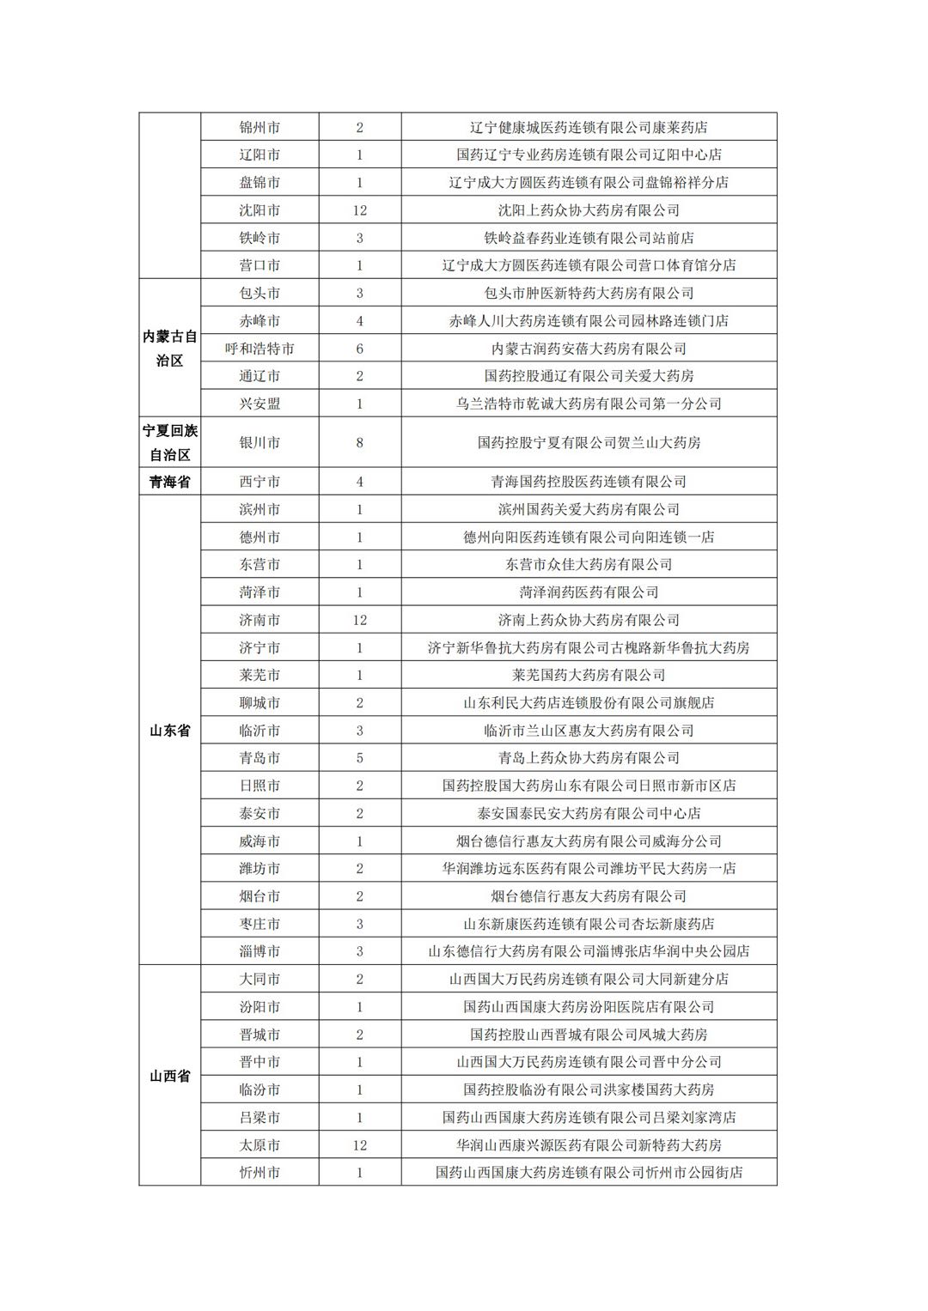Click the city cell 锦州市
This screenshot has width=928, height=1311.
tap(259, 128)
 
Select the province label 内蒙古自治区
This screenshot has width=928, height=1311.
tap(169, 349)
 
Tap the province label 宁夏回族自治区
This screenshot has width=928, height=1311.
tap(169, 443)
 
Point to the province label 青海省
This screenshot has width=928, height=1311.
tap(169, 483)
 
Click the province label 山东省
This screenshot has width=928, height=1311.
tap(169, 731)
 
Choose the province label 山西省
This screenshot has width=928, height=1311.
tap(169, 1076)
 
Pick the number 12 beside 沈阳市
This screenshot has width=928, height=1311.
tap(359, 210)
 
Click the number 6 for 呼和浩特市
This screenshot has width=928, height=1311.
tap(359, 349)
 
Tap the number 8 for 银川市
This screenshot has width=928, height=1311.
tap(359, 443)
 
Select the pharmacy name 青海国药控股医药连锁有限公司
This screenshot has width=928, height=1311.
tap(589, 483)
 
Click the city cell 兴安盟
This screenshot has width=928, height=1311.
tap(259, 404)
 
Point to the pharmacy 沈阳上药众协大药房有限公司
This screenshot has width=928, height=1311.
tap(589, 210)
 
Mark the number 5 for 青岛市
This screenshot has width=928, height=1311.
tap(359, 758)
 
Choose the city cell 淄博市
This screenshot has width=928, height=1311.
tap(259, 951)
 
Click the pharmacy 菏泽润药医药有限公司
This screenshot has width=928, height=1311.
tap(589, 592)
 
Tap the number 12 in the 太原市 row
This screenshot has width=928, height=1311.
tap(359, 1145)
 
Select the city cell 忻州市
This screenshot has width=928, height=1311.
tap(259, 1173)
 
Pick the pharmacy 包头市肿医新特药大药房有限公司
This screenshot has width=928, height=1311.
tap(589, 294)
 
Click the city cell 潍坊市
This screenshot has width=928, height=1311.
tap(259, 869)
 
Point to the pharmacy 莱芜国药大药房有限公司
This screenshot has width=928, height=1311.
tap(589, 676)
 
